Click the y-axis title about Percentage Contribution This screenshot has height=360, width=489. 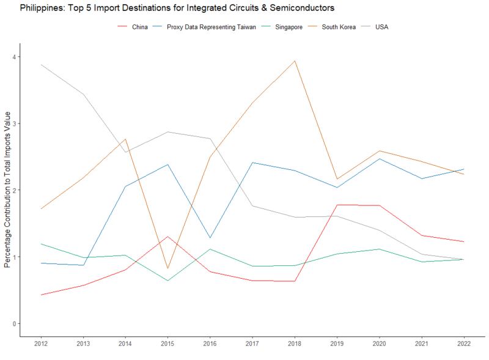click(7, 189)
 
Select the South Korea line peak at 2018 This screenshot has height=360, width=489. click(295, 61)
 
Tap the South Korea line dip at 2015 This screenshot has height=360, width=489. click(167, 268)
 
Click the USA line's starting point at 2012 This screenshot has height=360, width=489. click(40, 65)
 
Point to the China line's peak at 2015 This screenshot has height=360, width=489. click(167, 237)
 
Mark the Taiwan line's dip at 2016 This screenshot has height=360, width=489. click(210, 238)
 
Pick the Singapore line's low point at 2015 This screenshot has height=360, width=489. click(167, 281)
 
